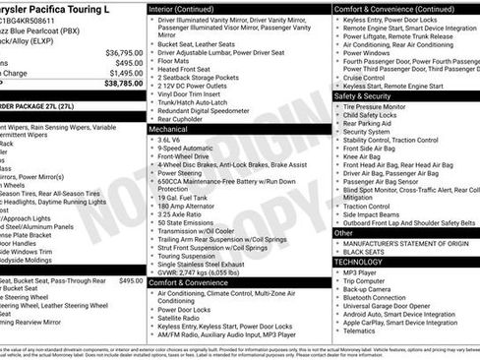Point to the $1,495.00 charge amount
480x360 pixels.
click(x=124, y=73)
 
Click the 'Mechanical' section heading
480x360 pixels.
click(x=169, y=129)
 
